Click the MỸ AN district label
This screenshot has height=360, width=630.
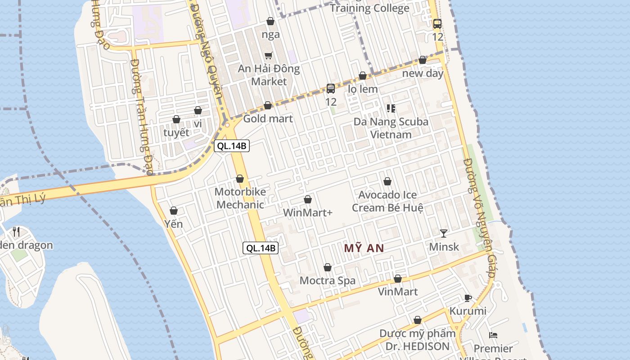pyautogui.click(x=364, y=248)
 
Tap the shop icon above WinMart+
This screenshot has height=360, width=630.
pyautogui.click(x=308, y=199)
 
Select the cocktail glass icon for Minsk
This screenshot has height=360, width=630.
pyautogui.click(x=444, y=233)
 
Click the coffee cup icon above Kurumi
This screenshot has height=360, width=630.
pyautogui.click(x=468, y=298)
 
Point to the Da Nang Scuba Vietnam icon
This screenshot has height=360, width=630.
pyautogui.click(x=391, y=108)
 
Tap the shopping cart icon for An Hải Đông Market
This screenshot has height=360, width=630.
pyautogui.click(x=269, y=55)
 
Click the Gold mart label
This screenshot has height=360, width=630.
pyautogui.click(x=268, y=119)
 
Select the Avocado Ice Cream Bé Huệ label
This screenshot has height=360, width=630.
pyautogui.click(x=387, y=201)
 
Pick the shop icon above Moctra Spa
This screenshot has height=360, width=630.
pyautogui.click(x=328, y=267)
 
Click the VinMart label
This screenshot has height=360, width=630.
pyautogui.click(x=398, y=292)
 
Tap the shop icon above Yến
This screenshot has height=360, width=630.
pyautogui.click(x=174, y=211)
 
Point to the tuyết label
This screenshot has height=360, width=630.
pyautogui.click(x=176, y=133)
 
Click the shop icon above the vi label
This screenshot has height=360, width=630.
pyautogui.click(x=198, y=110)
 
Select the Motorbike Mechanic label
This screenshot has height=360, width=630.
pyautogui.click(x=240, y=198)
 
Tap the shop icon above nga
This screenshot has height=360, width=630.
pyautogui.click(x=270, y=21)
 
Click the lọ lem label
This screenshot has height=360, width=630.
pyautogui.click(x=363, y=89)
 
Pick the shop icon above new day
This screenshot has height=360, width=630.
pyautogui.click(x=423, y=60)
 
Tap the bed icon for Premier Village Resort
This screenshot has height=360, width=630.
pyautogui.click(x=493, y=335)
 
